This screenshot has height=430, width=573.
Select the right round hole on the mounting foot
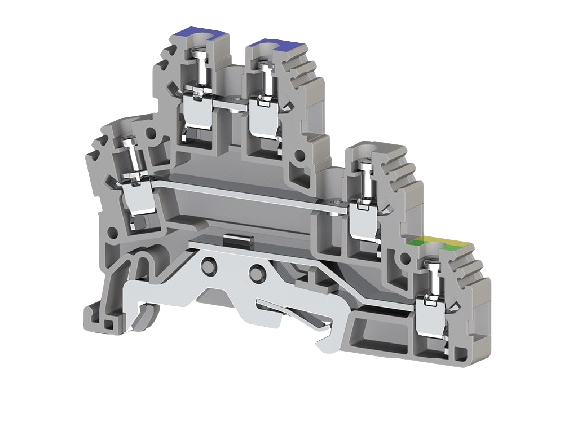coord(259,273)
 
